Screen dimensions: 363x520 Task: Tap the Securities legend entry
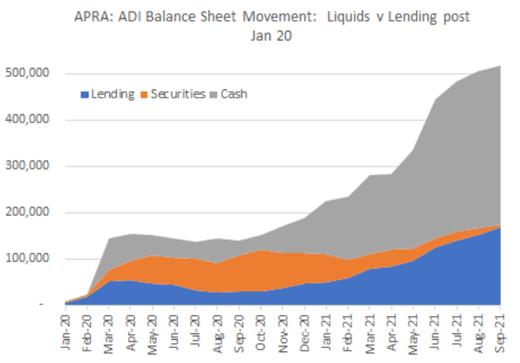click(177, 94)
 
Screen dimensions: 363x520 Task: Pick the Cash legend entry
click(233, 94)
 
